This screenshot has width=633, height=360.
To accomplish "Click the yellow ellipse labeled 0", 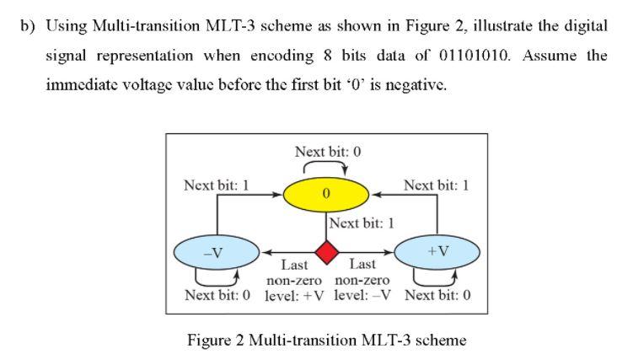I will tap(325, 195).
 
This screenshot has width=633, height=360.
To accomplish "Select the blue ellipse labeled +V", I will tap(437, 250).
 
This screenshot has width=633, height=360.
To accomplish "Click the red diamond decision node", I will tap(326, 251).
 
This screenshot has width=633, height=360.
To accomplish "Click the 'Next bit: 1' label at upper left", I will tap(216, 185).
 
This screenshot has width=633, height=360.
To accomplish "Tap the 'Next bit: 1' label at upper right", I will tap(436, 185).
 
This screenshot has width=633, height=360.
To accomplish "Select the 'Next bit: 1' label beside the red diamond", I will tap(362, 223).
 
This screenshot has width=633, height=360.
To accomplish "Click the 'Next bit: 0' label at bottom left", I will tap(217, 296).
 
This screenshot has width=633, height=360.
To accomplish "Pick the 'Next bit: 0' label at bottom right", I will tap(437, 296).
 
